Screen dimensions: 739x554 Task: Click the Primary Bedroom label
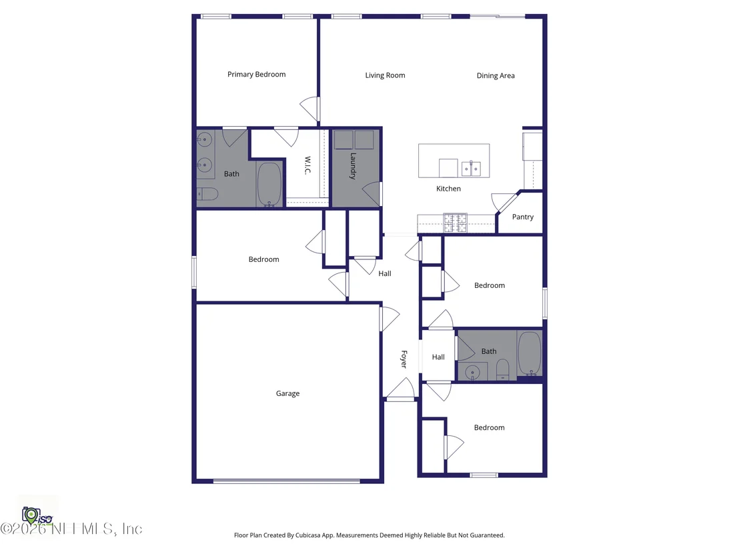(x=256, y=75)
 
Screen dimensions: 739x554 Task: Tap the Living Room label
(x=385, y=75)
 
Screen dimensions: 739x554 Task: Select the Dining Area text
(x=496, y=76)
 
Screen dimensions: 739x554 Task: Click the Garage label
(x=287, y=394)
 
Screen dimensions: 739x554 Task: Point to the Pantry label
(x=523, y=217)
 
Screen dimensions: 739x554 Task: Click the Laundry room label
(x=353, y=166)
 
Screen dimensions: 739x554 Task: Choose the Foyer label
(x=404, y=359)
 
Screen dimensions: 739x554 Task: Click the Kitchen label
(x=448, y=189)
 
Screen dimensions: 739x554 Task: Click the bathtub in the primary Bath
(x=269, y=185)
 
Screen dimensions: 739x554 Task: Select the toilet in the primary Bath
(x=207, y=193)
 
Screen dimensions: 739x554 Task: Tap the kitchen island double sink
(x=471, y=168)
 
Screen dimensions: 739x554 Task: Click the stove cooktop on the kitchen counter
(x=456, y=223)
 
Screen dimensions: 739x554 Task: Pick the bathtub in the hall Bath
(x=530, y=353)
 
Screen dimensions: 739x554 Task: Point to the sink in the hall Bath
(x=472, y=373)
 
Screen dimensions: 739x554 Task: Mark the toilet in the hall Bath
(x=503, y=370)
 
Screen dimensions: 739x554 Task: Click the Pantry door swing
(x=503, y=201)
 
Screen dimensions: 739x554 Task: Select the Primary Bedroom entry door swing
(x=309, y=109)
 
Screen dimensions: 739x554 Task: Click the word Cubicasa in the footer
(x=307, y=535)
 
